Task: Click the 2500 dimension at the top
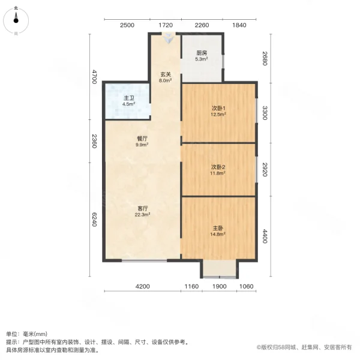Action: (127, 25)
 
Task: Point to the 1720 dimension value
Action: (165, 25)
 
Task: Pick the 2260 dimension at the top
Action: (202, 25)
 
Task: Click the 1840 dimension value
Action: (239, 25)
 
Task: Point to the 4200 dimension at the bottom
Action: (142, 287)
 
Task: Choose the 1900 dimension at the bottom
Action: (220, 287)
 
